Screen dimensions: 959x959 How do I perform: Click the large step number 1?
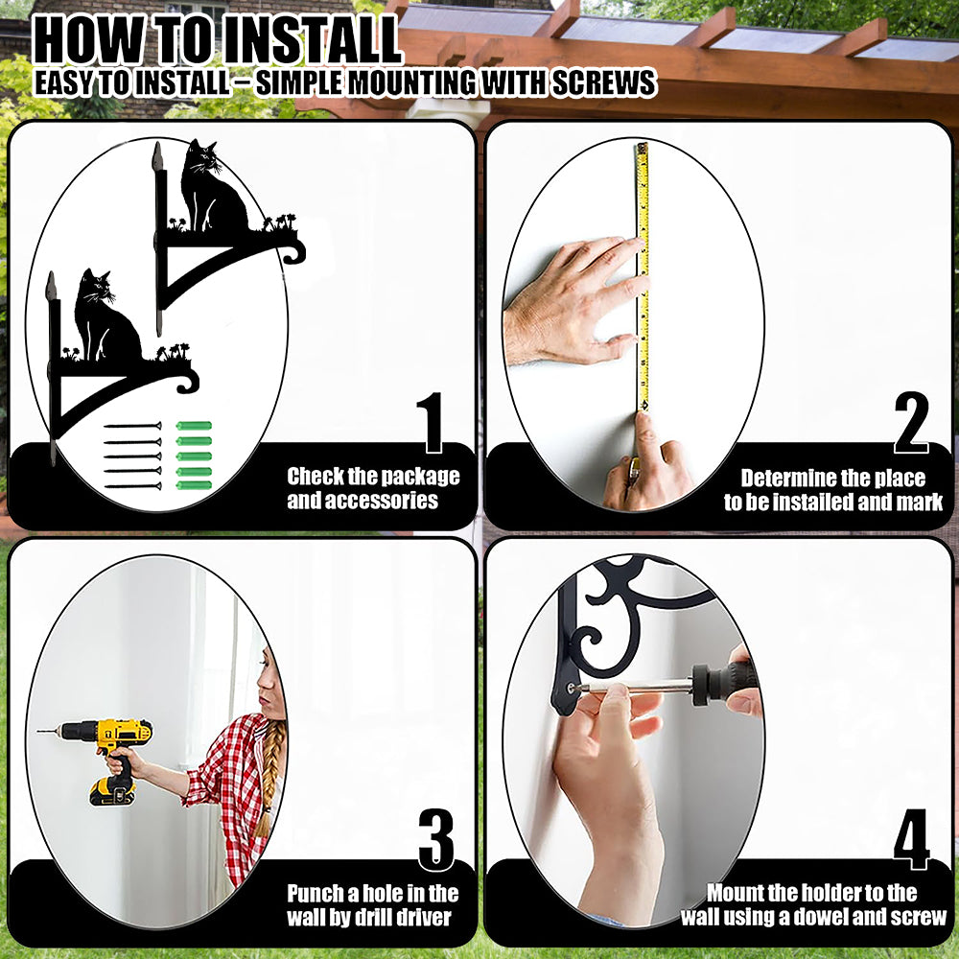[431, 423]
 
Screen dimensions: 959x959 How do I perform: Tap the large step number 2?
[911, 423]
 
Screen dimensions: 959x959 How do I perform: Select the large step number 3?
[436, 840]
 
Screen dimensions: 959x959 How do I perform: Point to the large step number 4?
[911, 840]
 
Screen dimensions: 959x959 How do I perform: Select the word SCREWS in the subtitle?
[604, 82]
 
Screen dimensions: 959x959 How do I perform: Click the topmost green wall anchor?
[194, 426]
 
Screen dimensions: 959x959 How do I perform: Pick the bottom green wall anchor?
[194, 485]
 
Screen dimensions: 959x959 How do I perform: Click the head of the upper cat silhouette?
[200, 158]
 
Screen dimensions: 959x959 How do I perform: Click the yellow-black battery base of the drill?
[113, 792]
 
